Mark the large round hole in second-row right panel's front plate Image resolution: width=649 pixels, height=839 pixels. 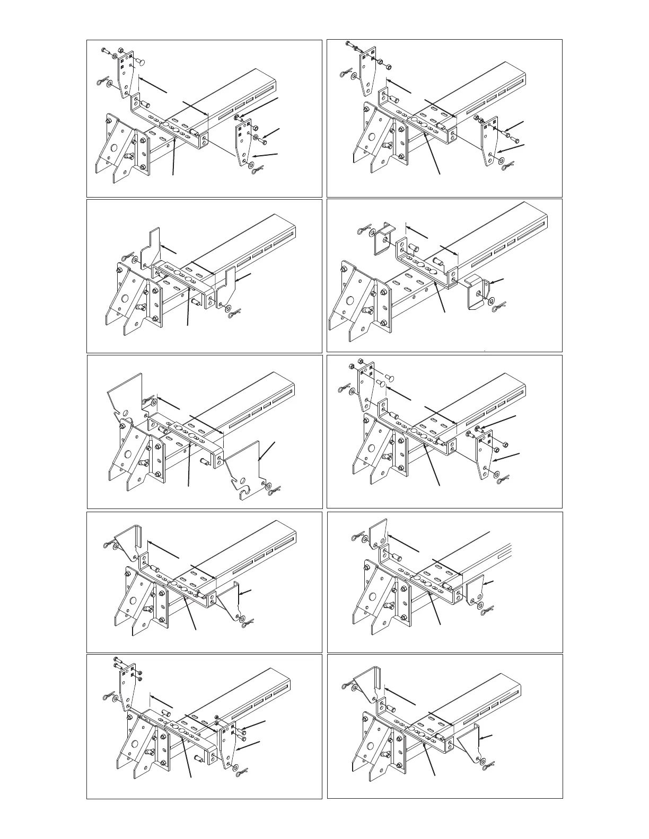[349, 301]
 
